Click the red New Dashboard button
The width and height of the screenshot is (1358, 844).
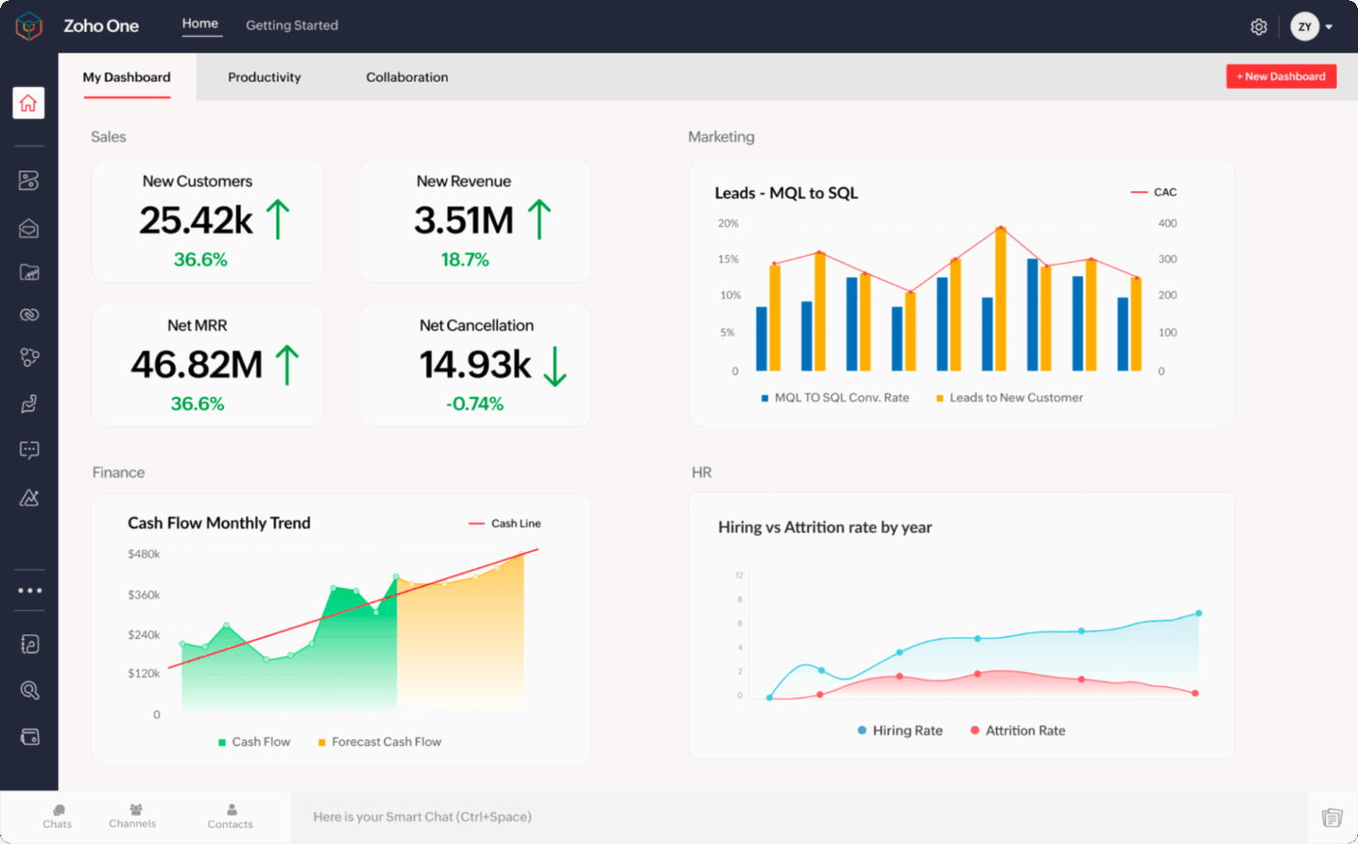coord(1280,77)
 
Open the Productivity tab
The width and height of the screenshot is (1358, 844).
coord(264,78)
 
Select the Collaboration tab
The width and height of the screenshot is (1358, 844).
coord(406,78)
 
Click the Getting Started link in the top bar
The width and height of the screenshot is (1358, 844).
coord(292,25)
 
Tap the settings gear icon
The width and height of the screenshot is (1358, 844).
coord(1258,27)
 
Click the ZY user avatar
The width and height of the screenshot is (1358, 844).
coord(1305,27)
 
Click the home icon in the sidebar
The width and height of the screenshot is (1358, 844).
coord(28,103)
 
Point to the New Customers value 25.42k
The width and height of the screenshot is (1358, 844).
coord(196,220)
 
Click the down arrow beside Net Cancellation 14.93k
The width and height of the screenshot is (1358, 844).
coord(555,366)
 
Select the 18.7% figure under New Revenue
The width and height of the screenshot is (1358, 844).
coord(465,260)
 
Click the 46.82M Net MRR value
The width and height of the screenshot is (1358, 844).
coord(197,365)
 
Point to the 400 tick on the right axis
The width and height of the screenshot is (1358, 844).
coord(1167,223)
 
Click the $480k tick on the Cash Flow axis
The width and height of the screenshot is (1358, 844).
coord(144,554)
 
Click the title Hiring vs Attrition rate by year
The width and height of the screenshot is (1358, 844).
coord(824,528)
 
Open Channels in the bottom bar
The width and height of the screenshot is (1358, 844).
coord(133,815)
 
